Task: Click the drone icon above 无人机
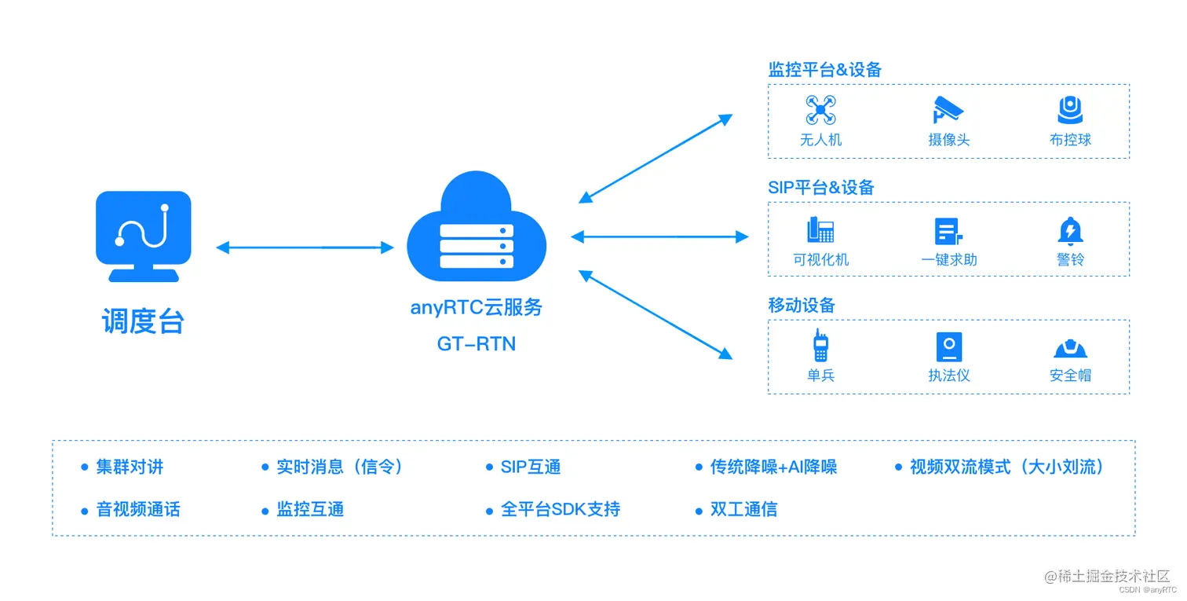pos(820,110)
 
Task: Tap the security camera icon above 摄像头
pos(948,110)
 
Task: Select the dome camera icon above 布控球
pos(1070,110)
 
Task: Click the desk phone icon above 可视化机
pos(820,229)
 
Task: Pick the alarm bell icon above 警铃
pos(1070,230)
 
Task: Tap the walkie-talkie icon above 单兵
pos(820,346)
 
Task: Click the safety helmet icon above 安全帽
pos(1070,349)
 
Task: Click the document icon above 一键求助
pos(948,231)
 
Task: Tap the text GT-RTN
pos(477,344)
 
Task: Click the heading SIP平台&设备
pos(820,188)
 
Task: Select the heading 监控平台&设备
pos(824,70)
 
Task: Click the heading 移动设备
pos(801,306)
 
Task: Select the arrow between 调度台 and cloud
pos(305,247)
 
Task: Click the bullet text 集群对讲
pos(130,467)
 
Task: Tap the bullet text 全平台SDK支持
pos(561,509)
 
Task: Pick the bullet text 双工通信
pos(743,509)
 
